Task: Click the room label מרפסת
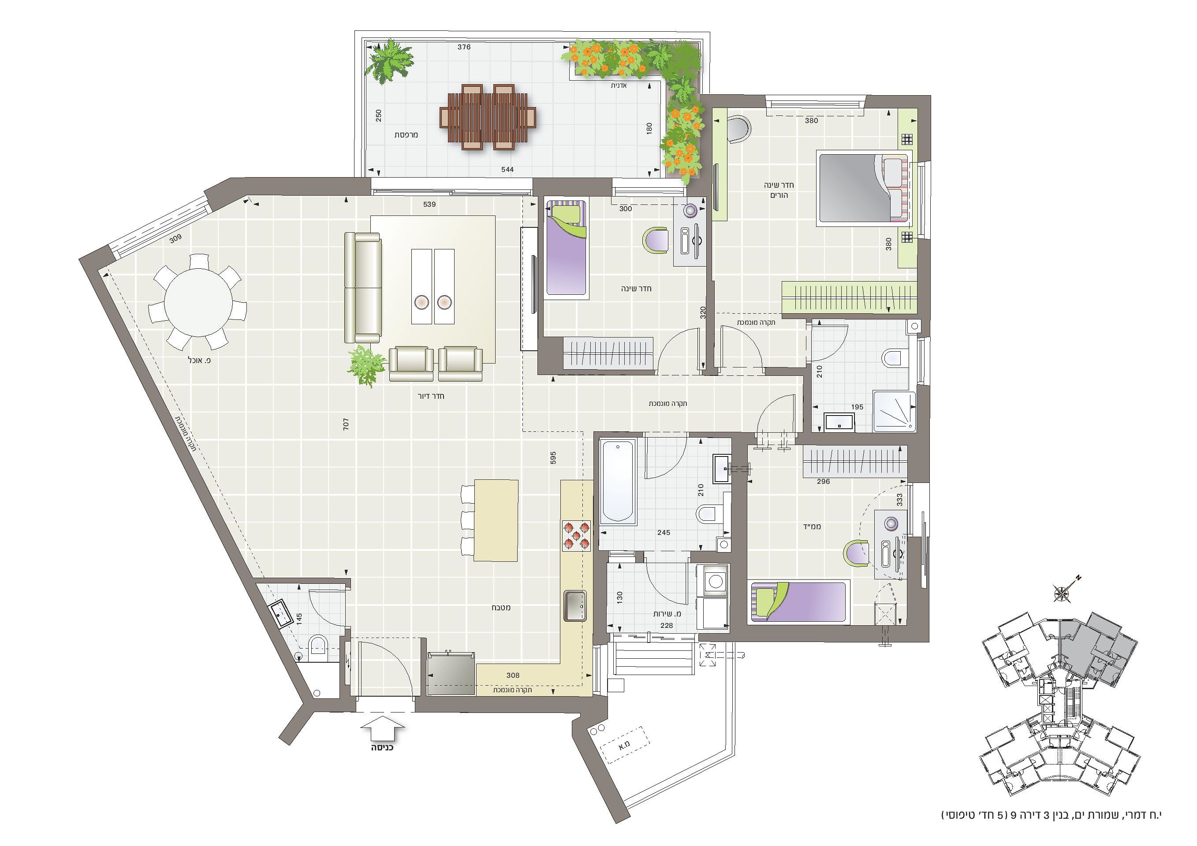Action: click(x=406, y=135)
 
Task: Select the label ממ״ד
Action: click(x=812, y=527)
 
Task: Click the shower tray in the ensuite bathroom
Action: click(x=894, y=412)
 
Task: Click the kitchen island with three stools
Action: click(x=495, y=520)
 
